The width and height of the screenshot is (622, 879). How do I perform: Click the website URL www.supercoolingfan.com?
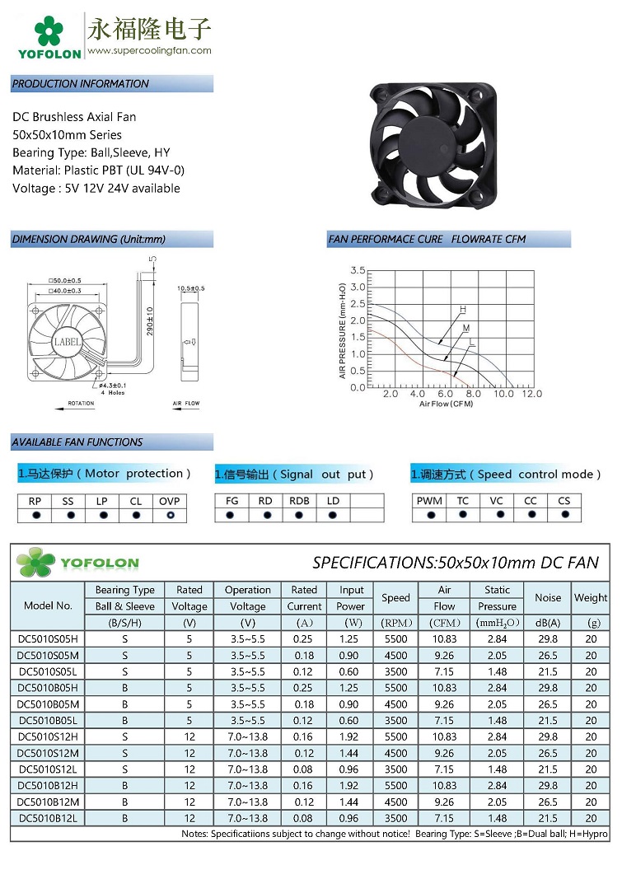[x=149, y=50]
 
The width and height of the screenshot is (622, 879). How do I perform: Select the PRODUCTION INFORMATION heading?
[x=81, y=83]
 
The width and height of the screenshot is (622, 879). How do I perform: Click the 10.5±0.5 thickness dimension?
[x=191, y=288]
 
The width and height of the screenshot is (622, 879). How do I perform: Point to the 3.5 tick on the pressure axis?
[x=358, y=270]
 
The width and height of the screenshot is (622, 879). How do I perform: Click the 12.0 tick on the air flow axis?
[x=531, y=394]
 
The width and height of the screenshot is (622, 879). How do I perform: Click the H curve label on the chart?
[x=462, y=309]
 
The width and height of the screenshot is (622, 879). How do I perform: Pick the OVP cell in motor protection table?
[x=170, y=501]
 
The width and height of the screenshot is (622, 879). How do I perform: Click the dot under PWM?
[x=429, y=515]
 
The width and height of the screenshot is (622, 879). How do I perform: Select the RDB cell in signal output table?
[x=299, y=501]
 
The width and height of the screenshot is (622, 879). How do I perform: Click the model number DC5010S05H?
[x=47, y=638]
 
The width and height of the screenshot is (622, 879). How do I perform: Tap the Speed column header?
[x=395, y=598]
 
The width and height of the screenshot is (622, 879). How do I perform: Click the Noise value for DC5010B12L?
[x=547, y=818]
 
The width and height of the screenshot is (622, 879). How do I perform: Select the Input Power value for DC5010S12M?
[x=351, y=753]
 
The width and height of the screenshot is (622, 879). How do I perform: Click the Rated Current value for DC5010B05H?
[x=304, y=688]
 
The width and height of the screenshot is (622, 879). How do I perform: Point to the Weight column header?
[x=591, y=598]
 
